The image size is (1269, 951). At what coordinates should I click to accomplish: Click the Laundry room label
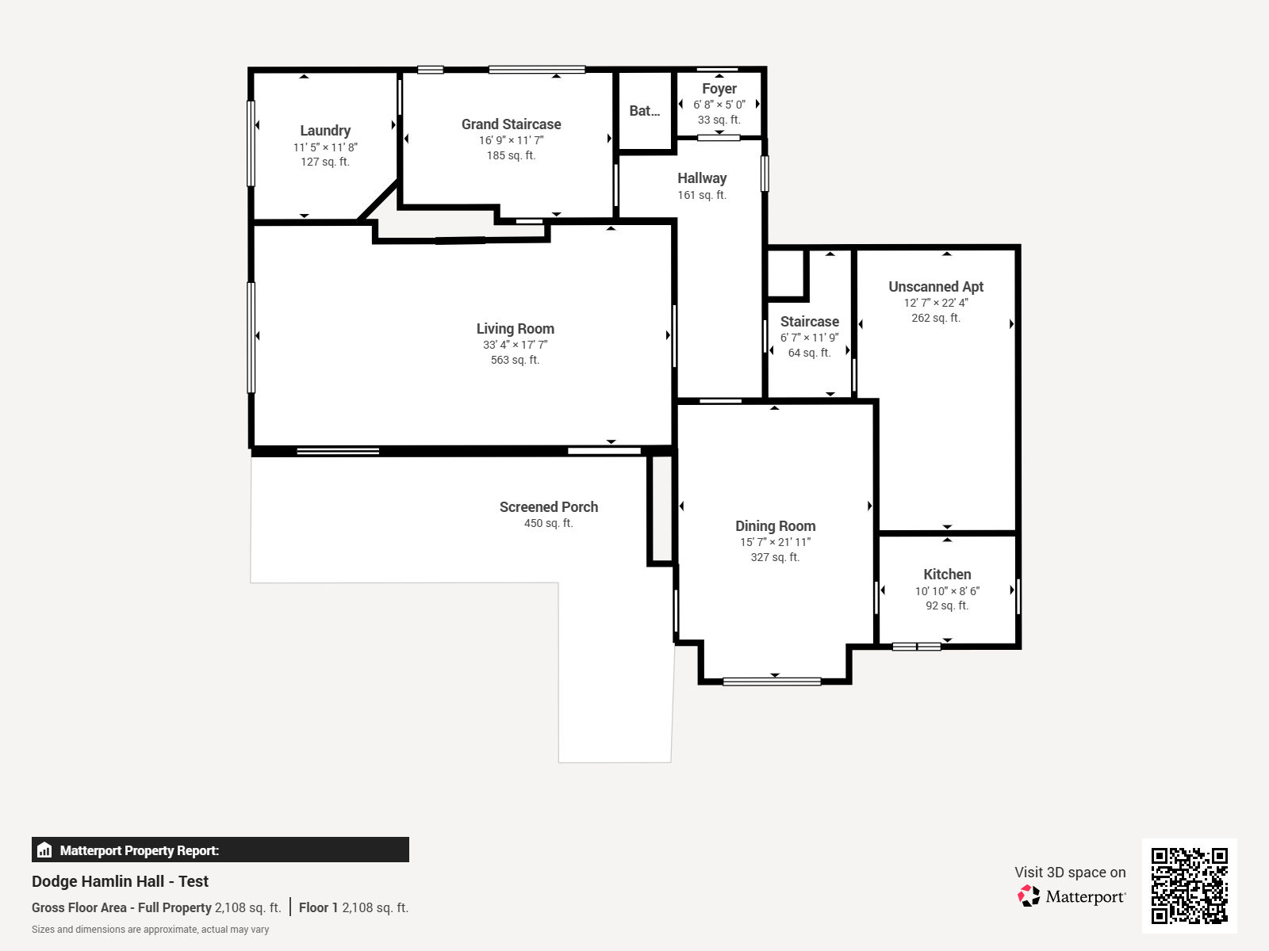point(325,131)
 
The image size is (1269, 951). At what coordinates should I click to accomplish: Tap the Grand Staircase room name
point(511,124)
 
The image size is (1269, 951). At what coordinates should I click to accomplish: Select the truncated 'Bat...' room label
point(644,111)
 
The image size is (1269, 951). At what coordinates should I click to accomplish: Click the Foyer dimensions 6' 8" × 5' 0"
point(719,105)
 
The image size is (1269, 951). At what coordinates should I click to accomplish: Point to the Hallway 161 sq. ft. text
point(701,195)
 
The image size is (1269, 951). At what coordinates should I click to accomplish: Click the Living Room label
point(515,329)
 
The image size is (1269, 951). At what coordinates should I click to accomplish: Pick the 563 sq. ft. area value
point(515,360)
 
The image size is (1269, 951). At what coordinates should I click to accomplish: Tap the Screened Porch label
point(548,507)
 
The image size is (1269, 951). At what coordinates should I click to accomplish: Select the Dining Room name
point(775,526)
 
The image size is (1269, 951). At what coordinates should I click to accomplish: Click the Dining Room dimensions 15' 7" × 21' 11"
point(775,542)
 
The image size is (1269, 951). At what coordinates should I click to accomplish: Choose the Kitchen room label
point(947,575)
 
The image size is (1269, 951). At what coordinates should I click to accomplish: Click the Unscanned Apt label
point(935,287)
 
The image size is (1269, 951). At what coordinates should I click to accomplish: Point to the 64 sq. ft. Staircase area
point(809,353)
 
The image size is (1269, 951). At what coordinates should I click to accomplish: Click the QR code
point(1189,885)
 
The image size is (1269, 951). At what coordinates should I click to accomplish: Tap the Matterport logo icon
point(1029,896)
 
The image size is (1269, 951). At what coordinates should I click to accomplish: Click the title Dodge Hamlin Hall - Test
point(120,881)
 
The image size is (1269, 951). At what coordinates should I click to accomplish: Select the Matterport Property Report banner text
point(139,850)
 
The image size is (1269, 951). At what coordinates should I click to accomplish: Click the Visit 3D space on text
point(1069,872)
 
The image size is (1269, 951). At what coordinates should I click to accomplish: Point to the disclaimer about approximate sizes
point(150,930)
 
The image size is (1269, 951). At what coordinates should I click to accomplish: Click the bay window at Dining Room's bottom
point(772,681)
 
